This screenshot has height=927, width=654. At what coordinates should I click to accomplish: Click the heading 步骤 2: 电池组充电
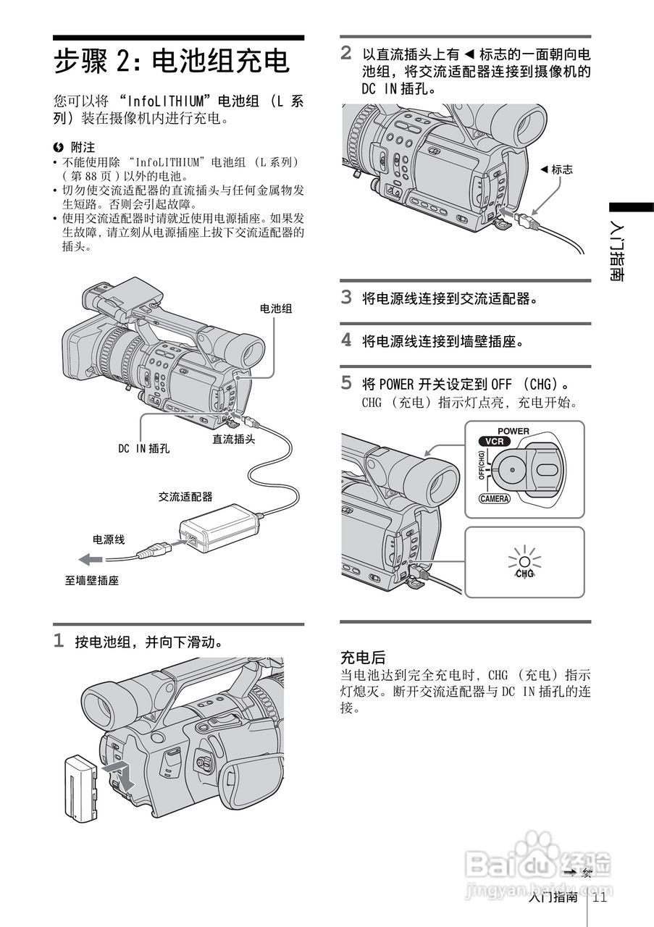[172, 62]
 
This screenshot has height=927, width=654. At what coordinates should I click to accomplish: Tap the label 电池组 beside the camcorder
[276, 309]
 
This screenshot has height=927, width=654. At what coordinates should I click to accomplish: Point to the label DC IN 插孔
[144, 448]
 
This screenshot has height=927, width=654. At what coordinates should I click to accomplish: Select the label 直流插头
[233, 439]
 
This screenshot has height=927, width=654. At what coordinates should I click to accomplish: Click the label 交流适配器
[185, 497]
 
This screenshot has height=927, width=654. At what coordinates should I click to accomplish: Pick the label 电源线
[109, 540]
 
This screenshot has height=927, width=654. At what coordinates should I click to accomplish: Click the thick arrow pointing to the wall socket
[91, 559]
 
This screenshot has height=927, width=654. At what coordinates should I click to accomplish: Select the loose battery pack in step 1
[80, 787]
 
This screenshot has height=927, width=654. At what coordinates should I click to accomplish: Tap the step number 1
[59, 641]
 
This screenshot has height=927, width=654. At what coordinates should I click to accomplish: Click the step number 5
[346, 382]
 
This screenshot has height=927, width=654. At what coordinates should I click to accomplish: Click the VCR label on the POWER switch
[494, 441]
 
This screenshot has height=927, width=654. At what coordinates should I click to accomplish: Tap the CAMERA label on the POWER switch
[495, 498]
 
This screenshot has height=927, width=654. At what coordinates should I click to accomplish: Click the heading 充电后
[363, 658]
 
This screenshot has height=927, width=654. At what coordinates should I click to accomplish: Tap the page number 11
[599, 898]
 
